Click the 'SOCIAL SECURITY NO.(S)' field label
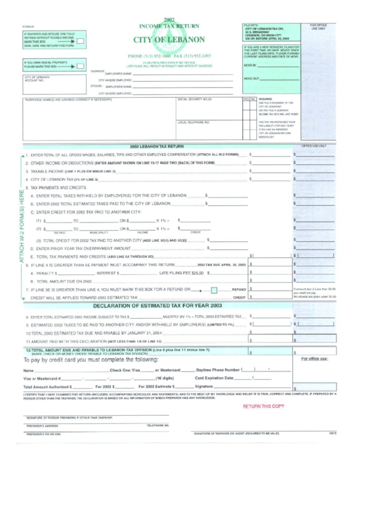195,100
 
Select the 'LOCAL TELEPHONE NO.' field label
194,123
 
